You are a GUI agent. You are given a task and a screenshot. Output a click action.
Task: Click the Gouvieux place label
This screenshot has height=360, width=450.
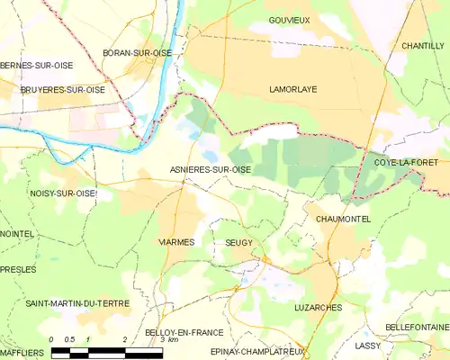[290, 20]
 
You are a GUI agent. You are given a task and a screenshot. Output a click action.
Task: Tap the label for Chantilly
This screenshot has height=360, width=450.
[423, 45]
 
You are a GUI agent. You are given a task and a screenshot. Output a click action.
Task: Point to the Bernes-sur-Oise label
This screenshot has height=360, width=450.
[37, 66]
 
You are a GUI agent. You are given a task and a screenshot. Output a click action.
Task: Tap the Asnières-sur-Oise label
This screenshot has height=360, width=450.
[211, 168]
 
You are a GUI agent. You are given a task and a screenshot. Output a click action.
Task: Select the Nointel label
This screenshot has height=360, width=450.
[17, 234]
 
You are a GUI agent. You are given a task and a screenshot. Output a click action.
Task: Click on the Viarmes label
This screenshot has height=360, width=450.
[176, 243]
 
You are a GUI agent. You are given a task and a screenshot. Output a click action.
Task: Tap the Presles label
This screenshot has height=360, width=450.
[18, 269]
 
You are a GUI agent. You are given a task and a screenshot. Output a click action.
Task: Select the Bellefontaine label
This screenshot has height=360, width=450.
[416, 326]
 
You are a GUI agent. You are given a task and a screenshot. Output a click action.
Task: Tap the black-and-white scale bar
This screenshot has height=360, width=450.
[108, 352]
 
